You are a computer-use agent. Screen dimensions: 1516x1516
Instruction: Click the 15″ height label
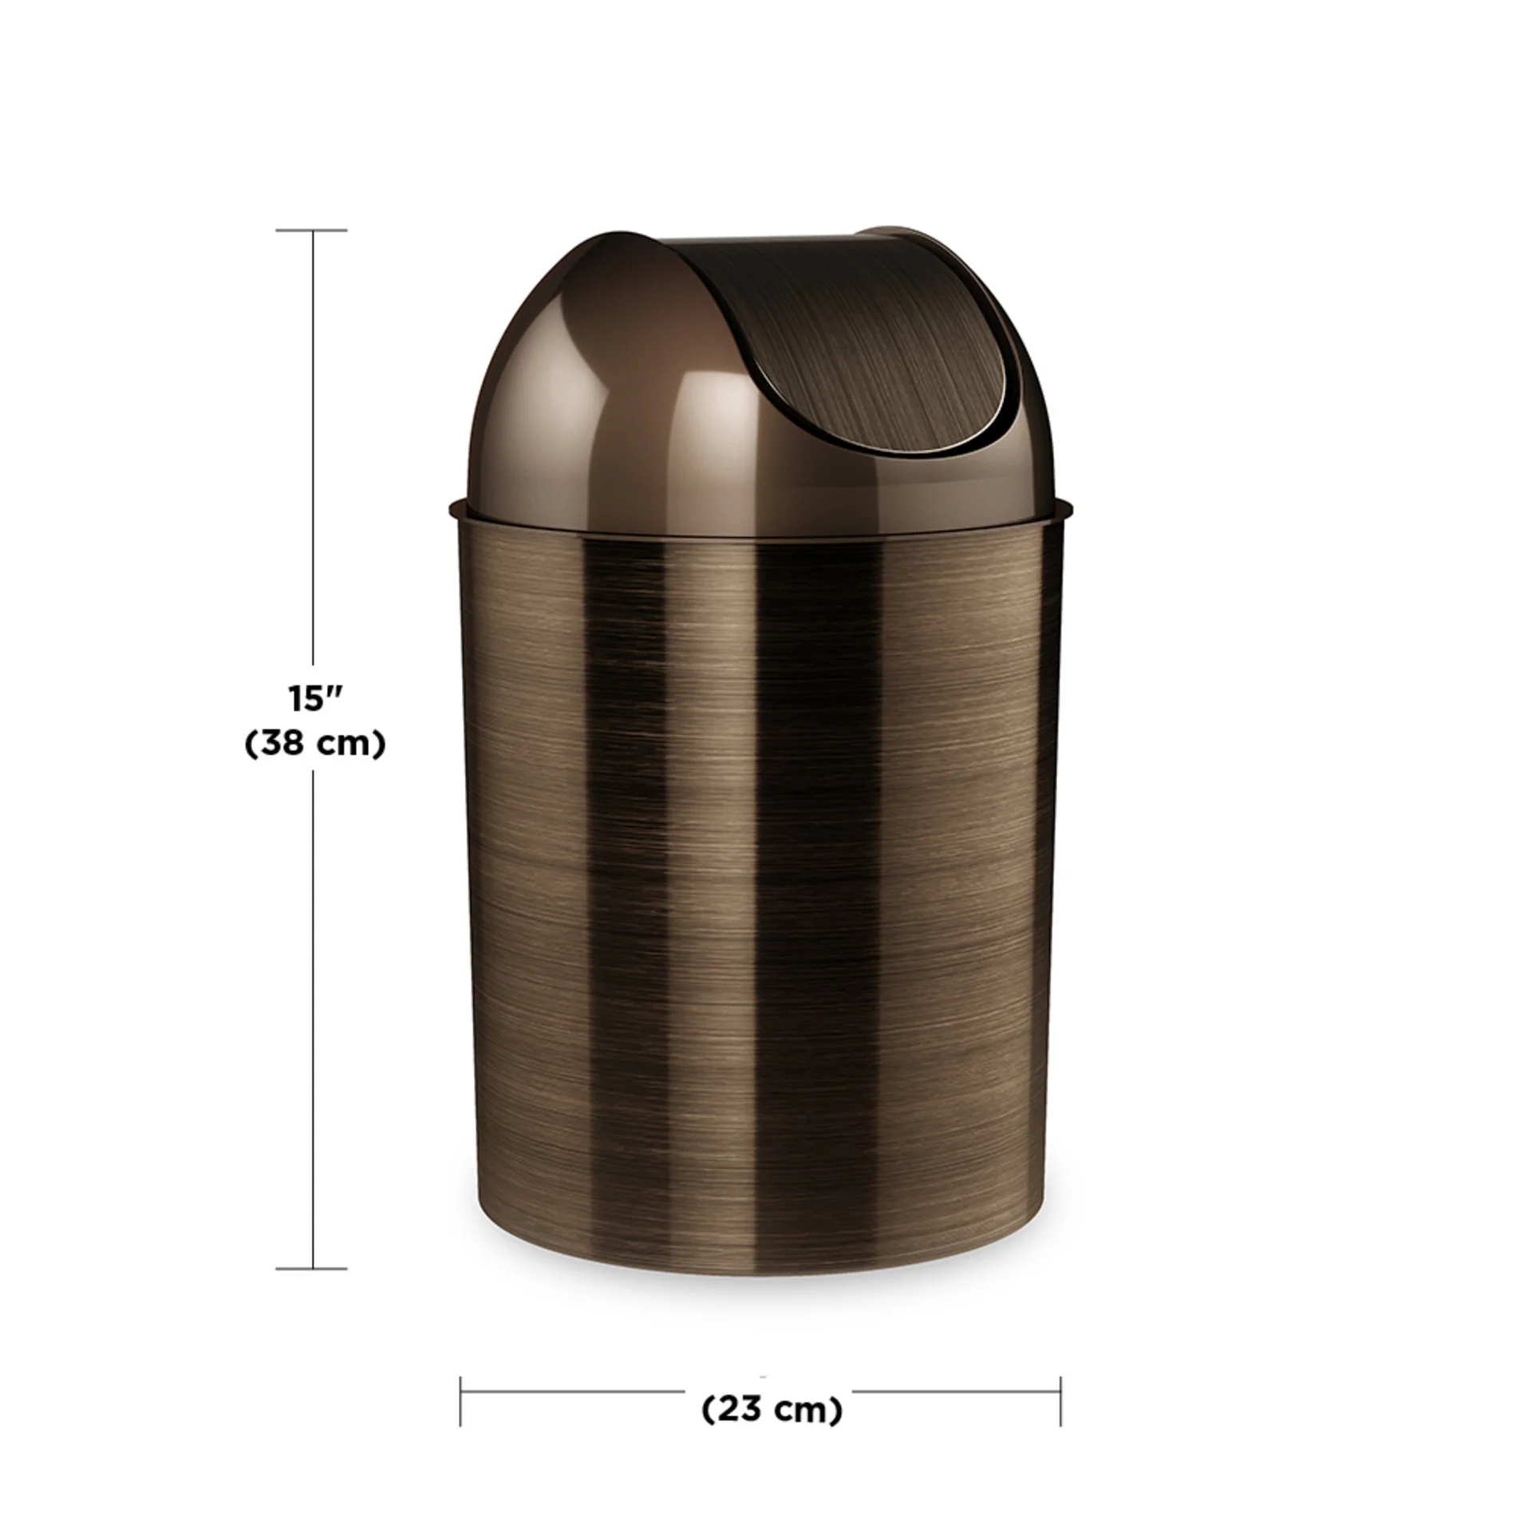(x=315, y=699)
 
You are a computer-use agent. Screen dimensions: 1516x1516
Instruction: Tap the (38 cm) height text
(x=315, y=744)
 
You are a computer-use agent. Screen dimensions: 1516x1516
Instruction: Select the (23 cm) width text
(x=772, y=1410)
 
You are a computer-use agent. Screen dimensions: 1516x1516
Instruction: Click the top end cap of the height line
(x=312, y=231)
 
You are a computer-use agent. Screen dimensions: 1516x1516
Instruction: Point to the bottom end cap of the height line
(x=312, y=1268)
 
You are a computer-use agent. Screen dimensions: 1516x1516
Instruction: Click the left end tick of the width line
(x=460, y=1402)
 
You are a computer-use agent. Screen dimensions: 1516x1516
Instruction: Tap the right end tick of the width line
(x=1060, y=1402)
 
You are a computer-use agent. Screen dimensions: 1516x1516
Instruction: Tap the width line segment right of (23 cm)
(x=957, y=1392)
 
